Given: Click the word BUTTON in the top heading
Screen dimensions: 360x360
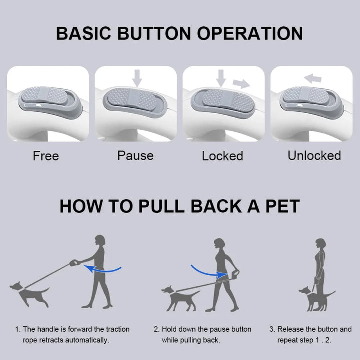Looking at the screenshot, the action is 154,33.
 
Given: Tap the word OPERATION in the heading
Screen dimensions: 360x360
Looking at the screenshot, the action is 250,33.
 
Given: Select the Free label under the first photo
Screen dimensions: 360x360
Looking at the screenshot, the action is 46,156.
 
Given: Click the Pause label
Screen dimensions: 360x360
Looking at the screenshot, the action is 135,156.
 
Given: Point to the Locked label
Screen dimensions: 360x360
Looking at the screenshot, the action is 222,156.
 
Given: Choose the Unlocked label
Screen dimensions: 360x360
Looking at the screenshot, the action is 314,155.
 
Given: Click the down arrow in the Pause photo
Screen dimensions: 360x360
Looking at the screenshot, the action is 137,78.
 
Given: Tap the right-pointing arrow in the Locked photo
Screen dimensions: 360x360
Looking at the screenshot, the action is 241,84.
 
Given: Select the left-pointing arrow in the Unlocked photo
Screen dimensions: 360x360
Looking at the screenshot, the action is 313,79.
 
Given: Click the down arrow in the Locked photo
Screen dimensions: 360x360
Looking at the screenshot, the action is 221,78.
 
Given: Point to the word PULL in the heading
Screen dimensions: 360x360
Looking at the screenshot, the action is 161,206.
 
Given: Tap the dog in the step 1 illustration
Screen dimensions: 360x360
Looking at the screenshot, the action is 29,294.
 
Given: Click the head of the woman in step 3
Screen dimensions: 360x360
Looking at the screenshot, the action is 320,244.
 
